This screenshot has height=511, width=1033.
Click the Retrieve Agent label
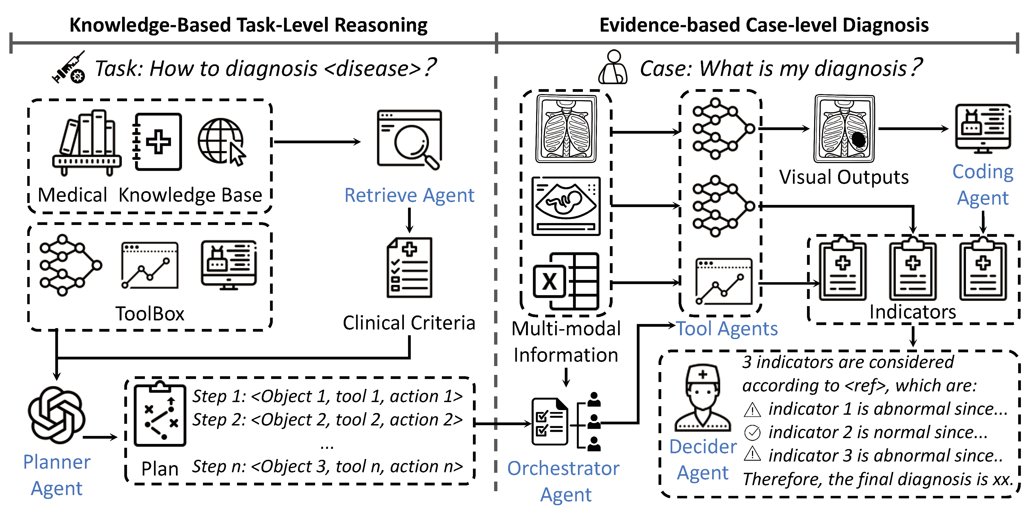pos(409,195)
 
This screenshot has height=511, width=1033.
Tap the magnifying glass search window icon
pos(409,140)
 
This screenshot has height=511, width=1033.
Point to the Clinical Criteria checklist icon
pos(409,268)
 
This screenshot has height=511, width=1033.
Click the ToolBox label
pos(150,314)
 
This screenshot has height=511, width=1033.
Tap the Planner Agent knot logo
pos(56,415)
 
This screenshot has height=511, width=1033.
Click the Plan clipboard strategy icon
pos(160,415)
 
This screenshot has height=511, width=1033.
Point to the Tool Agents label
pos(727,329)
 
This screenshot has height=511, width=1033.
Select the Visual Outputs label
pos(844,177)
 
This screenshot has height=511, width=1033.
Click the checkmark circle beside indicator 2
pos(752,432)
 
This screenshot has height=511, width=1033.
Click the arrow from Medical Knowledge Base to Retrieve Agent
pos(317,142)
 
